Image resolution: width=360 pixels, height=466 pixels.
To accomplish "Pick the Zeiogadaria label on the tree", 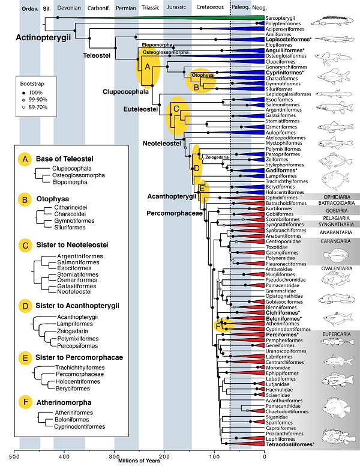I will [x=216, y=157].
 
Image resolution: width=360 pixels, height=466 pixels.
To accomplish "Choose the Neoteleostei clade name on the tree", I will [x=162, y=144].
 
